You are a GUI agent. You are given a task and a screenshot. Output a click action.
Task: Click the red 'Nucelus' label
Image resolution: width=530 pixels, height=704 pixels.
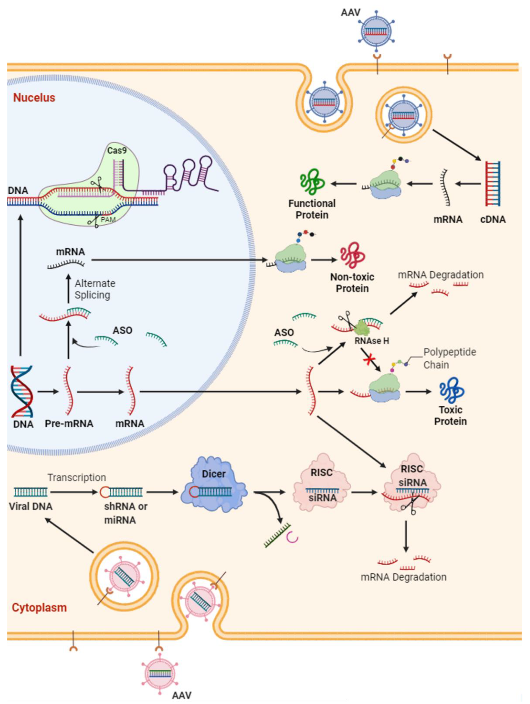point(34,97)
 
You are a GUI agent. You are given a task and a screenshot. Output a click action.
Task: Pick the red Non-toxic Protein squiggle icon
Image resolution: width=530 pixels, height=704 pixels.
point(352,255)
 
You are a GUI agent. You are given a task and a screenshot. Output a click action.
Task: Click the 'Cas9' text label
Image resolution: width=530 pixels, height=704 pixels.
point(117,150)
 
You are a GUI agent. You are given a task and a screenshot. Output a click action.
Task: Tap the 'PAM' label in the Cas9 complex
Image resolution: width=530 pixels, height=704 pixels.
point(108,219)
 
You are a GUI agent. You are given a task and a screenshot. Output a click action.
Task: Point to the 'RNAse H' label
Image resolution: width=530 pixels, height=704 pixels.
point(372,341)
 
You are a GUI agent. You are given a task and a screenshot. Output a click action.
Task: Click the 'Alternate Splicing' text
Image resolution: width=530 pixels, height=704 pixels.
point(95,289)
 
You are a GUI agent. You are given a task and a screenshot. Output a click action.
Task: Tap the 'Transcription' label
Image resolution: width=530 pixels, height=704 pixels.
point(77,477)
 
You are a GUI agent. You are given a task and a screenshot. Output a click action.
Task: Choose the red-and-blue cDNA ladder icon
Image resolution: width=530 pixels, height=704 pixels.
point(493,184)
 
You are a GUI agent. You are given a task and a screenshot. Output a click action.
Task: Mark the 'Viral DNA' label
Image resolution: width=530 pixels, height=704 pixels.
point(31,506)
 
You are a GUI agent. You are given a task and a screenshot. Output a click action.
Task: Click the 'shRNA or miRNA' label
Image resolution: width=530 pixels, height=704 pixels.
point(126,513)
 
